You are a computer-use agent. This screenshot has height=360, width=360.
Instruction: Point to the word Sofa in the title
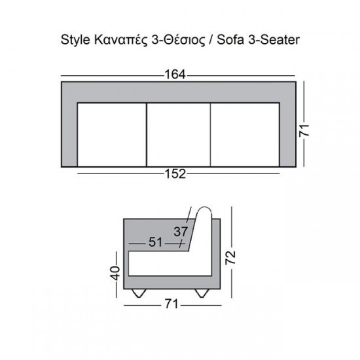coord(232,39)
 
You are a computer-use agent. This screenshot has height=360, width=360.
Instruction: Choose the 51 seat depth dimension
coord(156,243)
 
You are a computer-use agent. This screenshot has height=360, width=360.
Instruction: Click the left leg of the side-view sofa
coord(138,293)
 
